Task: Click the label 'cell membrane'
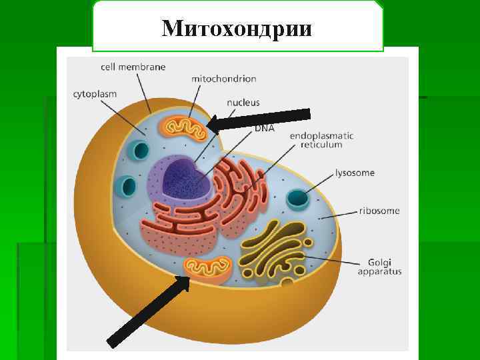tap(133, 67)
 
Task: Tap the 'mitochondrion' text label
tap(223, 79)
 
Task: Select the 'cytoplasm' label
tap(95, 94)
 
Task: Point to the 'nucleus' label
tap(243, 103)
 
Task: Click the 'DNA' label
tap(264, 128)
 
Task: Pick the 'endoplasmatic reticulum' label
tap(321, 140)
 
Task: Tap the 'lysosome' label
tap(355, 173)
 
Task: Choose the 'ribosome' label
tap(379, 211)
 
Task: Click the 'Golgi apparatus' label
tap(380, 267)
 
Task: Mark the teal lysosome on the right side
tap(298, 199)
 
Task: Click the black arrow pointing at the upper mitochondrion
tap(247, 115)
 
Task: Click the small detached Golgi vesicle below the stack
tap(287, 284)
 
